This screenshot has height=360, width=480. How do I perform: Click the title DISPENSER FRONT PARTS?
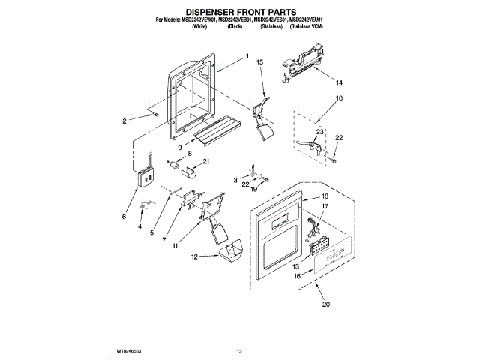(x=240, y=11)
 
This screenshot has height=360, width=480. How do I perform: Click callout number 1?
(x=247, y=57)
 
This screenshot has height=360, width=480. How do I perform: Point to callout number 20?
(x=325, y=304)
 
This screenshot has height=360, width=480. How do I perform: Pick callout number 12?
(x=193, y=256)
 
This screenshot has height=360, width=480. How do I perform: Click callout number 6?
(x=124, y=217)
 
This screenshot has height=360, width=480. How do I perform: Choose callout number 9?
(x=180, y=147)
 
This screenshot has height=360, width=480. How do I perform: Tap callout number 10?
(x=339, y=98)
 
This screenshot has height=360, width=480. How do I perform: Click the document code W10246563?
(x=130, y=350)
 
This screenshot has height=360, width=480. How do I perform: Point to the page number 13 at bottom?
(x=240, y=350)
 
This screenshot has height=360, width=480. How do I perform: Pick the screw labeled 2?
(x=154, y=114)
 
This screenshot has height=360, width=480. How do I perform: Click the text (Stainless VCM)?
(x=306, y=26)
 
